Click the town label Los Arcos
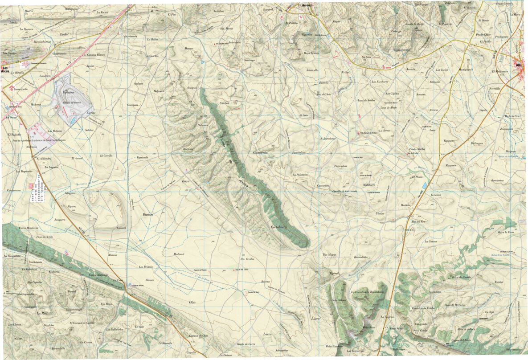pyautogui.click(x=6, y=70)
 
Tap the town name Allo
pyautogui.click(x=518, y=65)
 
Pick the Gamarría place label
pyautogui.click(x=260, y=152)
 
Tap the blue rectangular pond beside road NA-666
pyautogui.click(x=424, y=185)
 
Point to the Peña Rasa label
pyautogui.click(x=369, y=328)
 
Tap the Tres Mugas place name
pyautogui.click(x=329, y=254)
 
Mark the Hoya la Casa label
pyautogui.click(x=506, y=232)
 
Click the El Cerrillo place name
pyautogui.click(x=105, y=156)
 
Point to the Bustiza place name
pyautogui.click(x=147, y=214)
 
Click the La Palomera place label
pyautogui.click(x=300, y=175)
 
